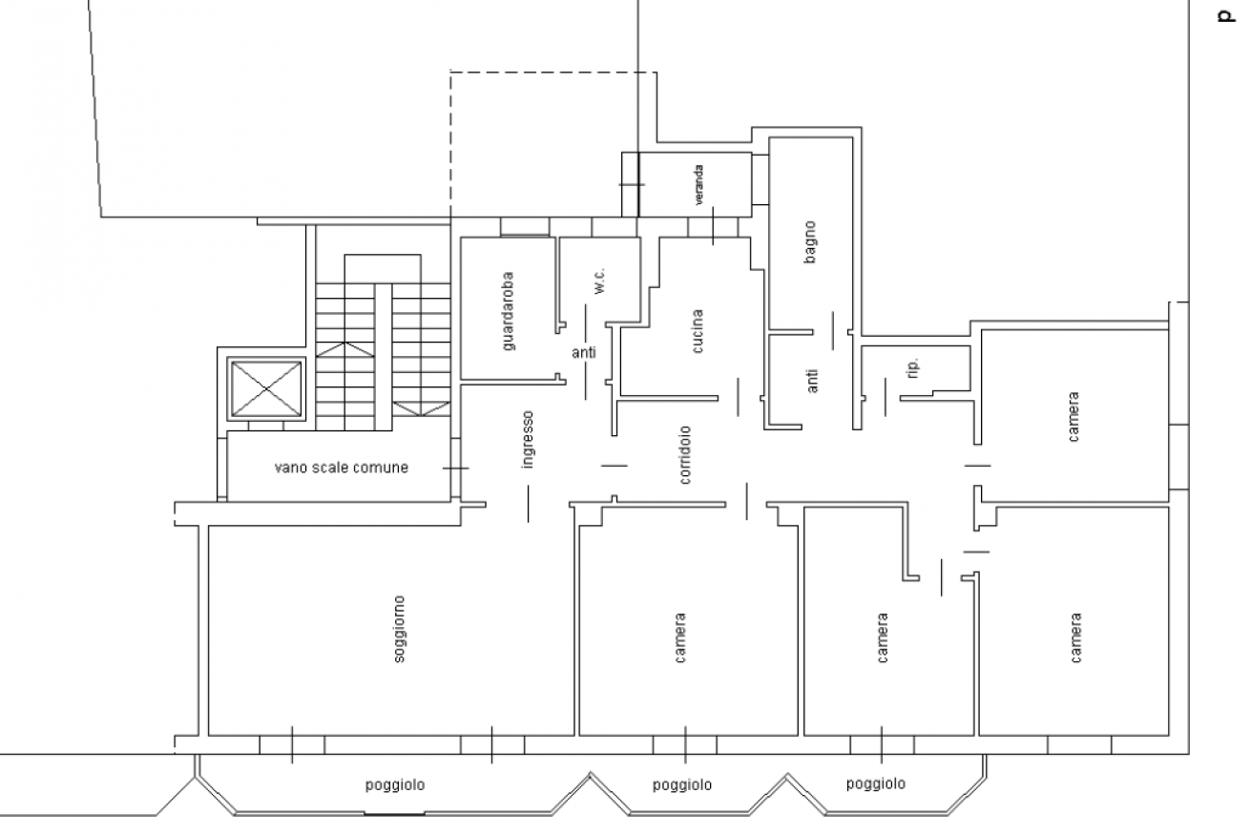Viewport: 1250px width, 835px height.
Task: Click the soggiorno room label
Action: click(399, 629)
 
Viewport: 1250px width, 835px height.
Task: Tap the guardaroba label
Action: click(508, 311)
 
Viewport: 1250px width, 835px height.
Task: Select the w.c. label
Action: click(599, 281)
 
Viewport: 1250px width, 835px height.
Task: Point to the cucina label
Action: click(697, 331)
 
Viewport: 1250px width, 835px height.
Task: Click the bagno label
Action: click(810, 242)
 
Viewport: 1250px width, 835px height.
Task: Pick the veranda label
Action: click(698, 185)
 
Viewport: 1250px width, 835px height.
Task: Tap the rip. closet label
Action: click(913, 368)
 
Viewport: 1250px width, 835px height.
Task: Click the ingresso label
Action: click(528, 440)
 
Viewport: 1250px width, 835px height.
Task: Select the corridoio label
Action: click(685, 455)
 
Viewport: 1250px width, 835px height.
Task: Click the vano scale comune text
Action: click(342, 468)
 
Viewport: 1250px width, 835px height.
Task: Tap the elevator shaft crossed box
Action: click(266, 388)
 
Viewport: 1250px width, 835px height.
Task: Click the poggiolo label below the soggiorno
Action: click(395, 785)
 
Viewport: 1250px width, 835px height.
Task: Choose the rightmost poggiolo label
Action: click(876, 784)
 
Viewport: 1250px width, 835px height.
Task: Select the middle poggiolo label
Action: click(682, 785)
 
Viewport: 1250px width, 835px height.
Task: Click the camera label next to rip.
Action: click(1073, 417)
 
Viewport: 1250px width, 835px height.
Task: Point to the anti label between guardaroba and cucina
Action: click(584, 353)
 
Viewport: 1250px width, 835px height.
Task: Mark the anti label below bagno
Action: click(813, 381)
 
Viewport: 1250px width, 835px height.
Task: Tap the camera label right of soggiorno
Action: click(679, 638)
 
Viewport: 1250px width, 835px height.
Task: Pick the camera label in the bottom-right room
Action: click(1076, 638)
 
